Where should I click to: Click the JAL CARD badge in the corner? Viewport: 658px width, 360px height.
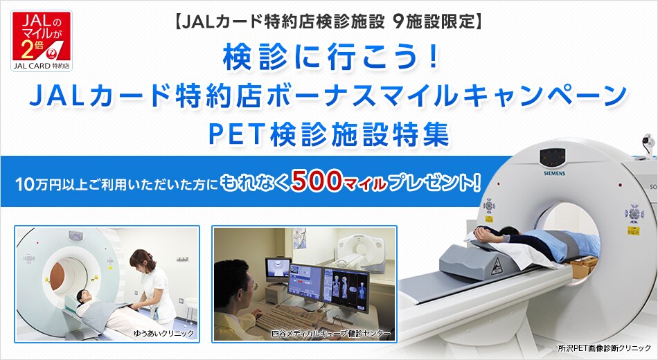42,41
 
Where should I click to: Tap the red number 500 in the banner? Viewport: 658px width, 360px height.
316,181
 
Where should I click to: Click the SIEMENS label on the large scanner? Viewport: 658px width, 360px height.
554,173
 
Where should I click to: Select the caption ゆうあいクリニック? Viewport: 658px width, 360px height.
163,333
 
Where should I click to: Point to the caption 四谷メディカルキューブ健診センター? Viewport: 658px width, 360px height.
330,334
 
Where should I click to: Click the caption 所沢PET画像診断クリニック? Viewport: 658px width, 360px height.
604,348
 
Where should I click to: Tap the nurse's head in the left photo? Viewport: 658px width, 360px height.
139,260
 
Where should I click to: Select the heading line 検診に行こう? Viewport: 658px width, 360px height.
331,57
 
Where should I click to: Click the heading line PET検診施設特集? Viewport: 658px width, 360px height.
328,134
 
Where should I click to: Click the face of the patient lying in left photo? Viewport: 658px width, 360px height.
84,296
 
